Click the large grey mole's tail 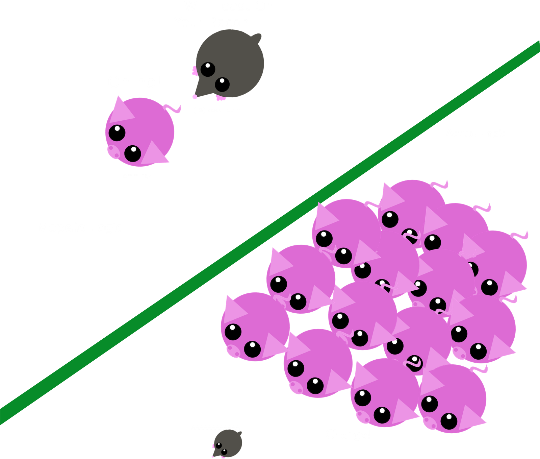(x=257, y=38)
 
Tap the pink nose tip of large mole (x=195, y=97)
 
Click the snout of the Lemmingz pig (x=113, y=151)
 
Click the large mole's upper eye (x=208, y=69)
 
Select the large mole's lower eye (x=222, y=84)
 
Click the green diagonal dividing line (x=270, y=232)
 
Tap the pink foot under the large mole (x=221, y=98)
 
